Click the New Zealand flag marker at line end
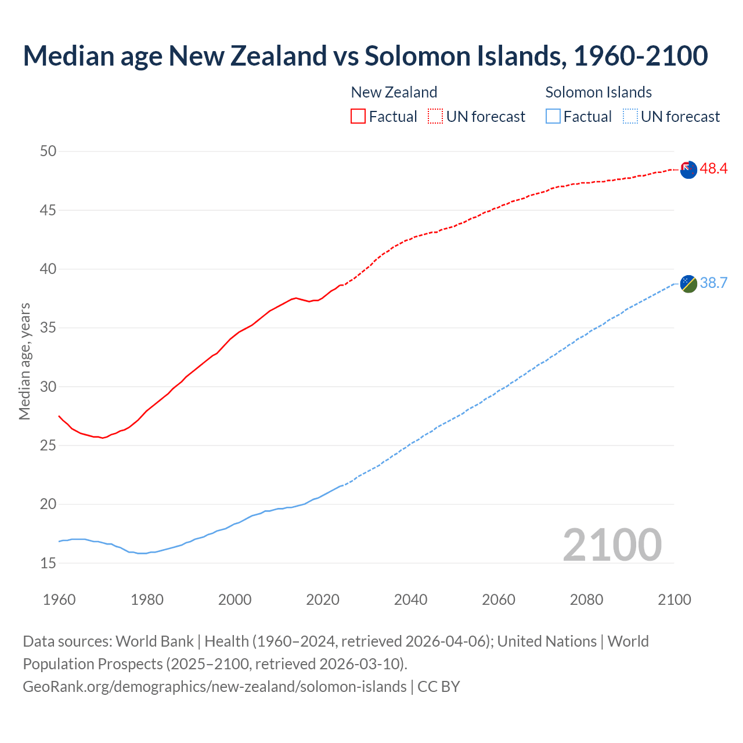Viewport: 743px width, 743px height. pos(688,170)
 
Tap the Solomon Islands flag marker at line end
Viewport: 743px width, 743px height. pos(688,284)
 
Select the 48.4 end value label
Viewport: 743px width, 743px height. pos(713,169)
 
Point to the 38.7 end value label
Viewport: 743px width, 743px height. pos(713,283)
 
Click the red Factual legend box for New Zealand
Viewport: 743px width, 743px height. pos(358,117)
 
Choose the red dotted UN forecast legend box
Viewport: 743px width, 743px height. pos(435,117)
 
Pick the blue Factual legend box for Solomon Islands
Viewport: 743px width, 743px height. pos(553,117)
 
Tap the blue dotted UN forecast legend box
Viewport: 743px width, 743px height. pos(630,117)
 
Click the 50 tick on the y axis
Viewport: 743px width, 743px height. pos(48,152)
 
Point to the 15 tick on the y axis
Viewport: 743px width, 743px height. pos(48,563)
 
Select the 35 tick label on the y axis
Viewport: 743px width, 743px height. pos(48,328)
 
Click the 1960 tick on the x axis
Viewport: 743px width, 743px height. pos(59,600)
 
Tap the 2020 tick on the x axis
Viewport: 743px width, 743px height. pos(323,600)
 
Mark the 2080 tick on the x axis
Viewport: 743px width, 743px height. pos(586,600)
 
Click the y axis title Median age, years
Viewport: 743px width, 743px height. pos(24,361)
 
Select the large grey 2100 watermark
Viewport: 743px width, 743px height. pos(612,544)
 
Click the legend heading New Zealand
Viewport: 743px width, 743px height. pos(394,92)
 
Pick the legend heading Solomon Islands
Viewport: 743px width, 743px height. pos(598,92)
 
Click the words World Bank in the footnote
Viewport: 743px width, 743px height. pos(154,641)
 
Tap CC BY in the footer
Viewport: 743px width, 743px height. pos(439,687)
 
